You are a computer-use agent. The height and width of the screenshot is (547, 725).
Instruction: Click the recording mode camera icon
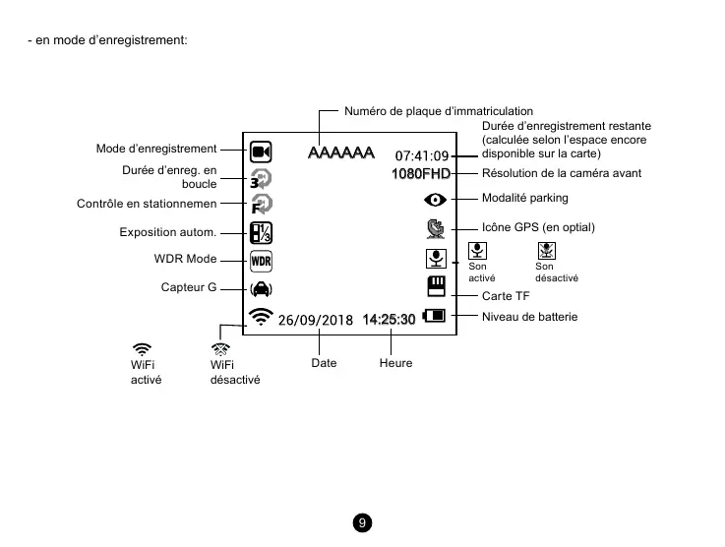tap(261, 152)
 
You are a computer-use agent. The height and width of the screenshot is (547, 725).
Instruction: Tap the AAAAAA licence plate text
tap(340, 153)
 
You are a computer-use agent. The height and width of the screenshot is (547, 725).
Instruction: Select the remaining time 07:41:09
tap(422, 155)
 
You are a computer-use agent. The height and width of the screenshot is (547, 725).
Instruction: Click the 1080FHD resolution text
tap(421, 174)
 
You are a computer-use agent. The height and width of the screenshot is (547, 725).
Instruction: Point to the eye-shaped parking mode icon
tap(435, 200)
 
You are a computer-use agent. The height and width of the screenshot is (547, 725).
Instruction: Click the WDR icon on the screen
tap(261, 262)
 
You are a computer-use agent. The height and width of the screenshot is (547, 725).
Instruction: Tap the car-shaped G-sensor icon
tap(261, 289)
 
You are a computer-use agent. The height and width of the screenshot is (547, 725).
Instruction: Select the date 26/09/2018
tap(315, 320)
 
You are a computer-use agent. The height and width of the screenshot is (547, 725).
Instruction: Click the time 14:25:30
tap(390, 320)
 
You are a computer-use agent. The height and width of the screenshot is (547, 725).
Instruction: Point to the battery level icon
tap(434, 317)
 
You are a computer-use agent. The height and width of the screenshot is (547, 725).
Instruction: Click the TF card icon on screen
tap(436, 286)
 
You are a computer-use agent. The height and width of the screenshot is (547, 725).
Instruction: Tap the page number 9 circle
tap(363, 522)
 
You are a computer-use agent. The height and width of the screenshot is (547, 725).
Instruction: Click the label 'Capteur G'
tap(189, 288)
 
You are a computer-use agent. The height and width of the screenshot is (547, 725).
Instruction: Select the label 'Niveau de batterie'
tap(529, 317)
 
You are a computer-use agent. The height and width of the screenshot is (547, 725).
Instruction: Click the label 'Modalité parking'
tap(525, 199)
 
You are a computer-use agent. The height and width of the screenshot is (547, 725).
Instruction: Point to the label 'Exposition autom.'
tap(168, 233)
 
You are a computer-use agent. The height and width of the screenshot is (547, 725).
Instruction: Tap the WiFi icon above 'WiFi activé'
tap(143, 348)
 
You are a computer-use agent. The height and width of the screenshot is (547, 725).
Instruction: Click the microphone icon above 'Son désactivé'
tap(547, 251)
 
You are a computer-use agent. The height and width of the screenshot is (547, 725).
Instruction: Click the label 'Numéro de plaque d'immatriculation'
tap(438, 111)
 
